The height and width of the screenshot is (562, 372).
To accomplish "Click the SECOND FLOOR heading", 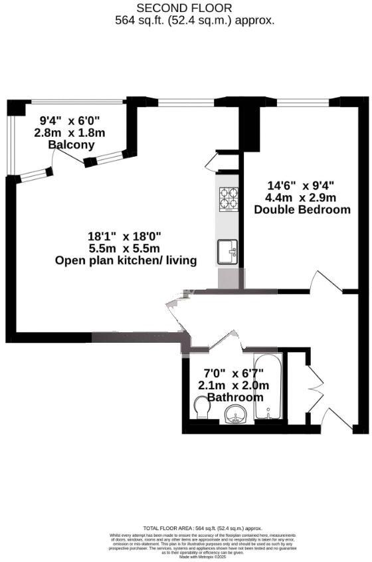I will click(185, 8).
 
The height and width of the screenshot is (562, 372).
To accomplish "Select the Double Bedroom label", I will click(302, 209).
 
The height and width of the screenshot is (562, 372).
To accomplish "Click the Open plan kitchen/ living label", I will click(126, 260).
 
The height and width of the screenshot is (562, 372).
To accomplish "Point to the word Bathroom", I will click(235, 397).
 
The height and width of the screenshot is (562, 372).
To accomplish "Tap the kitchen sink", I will click(228, 252).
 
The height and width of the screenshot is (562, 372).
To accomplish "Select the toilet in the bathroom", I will click(201, 407).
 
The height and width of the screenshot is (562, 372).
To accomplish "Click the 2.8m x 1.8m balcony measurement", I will click(70, 132).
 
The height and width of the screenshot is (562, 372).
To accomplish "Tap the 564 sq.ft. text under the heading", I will click(195, 20).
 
